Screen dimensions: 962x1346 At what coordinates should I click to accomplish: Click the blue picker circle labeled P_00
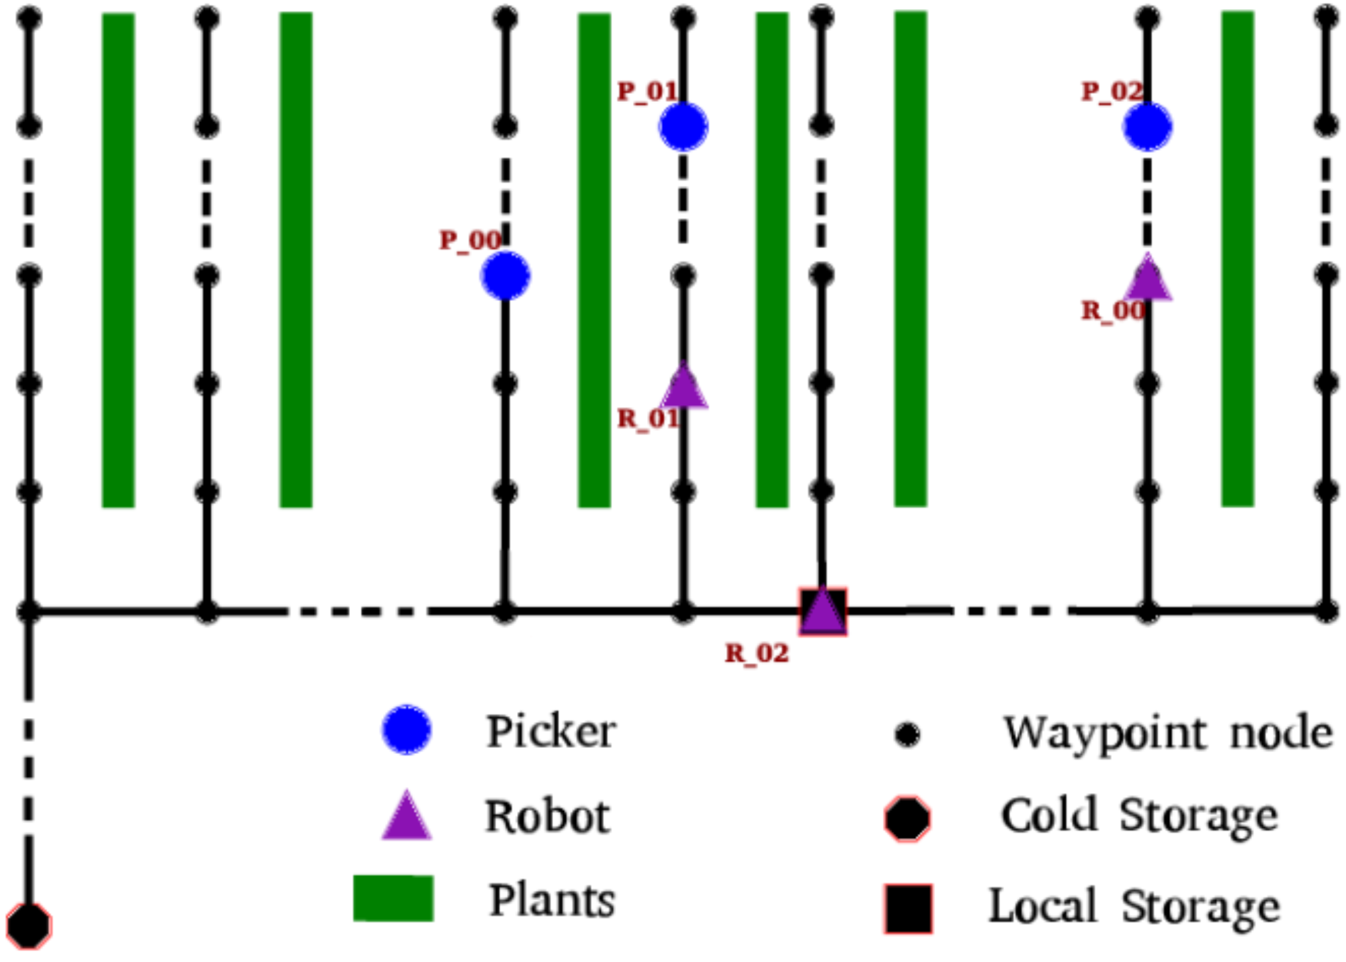click(x=505, y=276)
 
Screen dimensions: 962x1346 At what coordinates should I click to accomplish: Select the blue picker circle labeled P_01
click(x=683, y=126)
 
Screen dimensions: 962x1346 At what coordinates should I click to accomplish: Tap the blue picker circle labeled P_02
click(x=1147, y=126)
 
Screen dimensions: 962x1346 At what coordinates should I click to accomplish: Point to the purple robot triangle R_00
click(x=1147, y=279)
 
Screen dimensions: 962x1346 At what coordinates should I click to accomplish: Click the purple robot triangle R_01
click(x=683, y=388)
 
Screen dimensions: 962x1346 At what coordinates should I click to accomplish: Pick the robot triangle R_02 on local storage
click(x=823, y=613)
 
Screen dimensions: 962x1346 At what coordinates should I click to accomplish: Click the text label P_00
click(x=470, y=241)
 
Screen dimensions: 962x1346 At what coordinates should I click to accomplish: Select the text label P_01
click(x=647, y=92)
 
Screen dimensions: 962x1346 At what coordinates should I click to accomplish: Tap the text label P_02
click(x=1112, y=92)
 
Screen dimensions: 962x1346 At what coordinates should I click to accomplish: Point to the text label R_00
click(x=1112, y=311)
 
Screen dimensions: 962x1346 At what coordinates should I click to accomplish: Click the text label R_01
click(x=648, y=418)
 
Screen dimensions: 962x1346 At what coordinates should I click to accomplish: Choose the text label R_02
click(x=756, y=653)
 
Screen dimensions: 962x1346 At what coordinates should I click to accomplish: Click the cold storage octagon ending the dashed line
click(x=29, y=926)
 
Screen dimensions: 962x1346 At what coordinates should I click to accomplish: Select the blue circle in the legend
click(x=406, y=729)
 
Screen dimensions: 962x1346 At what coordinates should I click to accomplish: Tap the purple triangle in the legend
click(x=406, y=817)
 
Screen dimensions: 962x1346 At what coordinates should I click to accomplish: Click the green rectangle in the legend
click(x=393, y=898)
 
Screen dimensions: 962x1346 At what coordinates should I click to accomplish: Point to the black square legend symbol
click(x=908, y=909)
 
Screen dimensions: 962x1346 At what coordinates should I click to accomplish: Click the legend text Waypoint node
click(x=1168, y=732)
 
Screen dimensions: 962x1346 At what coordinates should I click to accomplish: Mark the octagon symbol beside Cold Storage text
click(x=907, y=819)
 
